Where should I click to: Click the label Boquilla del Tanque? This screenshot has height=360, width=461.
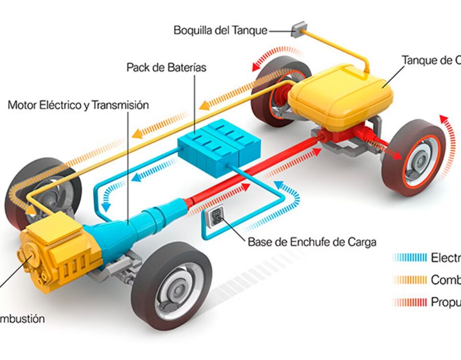coord(220,31)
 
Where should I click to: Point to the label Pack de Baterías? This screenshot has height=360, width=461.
coord(166,67)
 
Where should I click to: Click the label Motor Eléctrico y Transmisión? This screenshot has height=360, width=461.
coord(78,105)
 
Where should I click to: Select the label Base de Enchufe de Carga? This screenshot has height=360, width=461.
coord(312,242)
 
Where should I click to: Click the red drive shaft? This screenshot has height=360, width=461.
coord(250,177)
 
